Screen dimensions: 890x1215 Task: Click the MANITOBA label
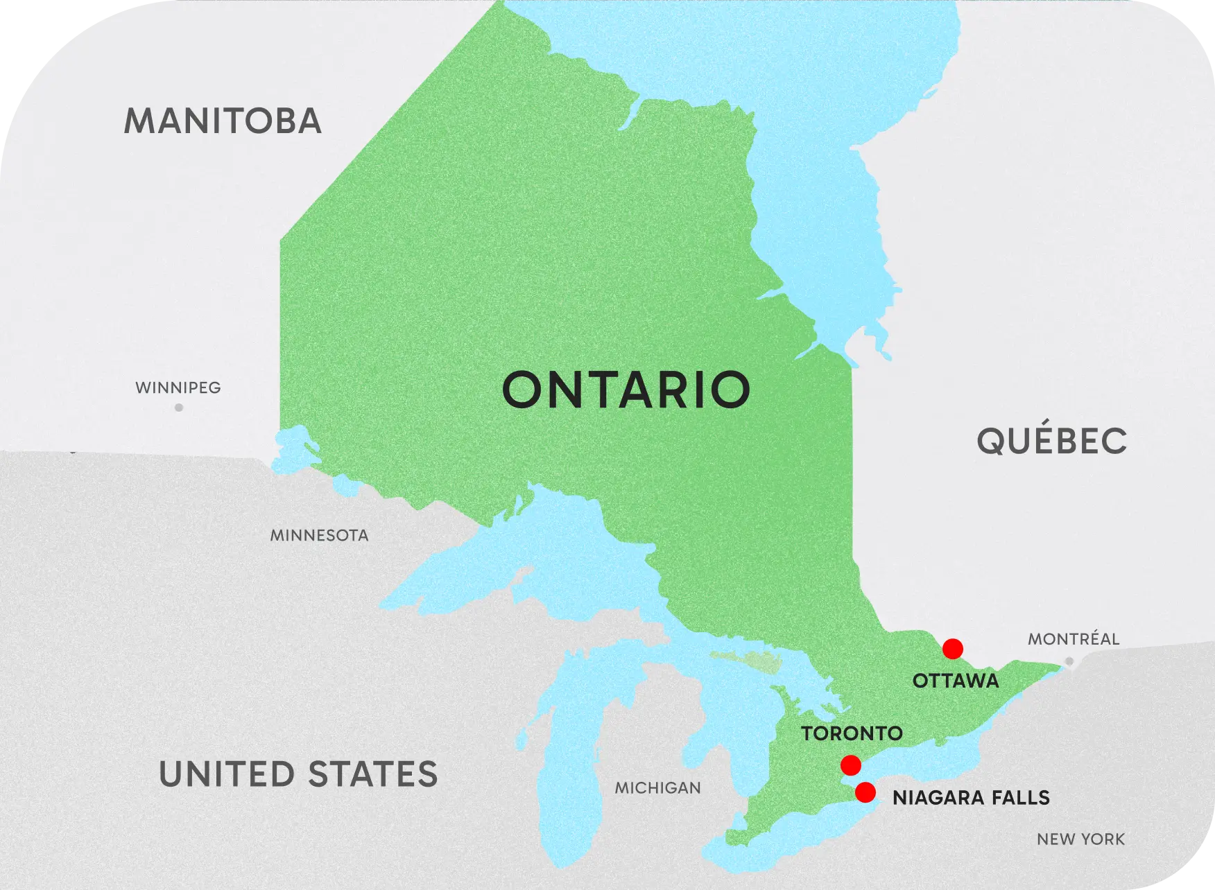tap(223, 121)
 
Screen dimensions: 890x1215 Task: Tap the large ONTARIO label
tap(626, 390)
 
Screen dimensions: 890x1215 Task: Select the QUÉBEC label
tap(1052, 441)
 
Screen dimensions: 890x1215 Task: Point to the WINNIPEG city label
tap(178, 387)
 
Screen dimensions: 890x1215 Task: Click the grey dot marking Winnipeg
tap(179, 408)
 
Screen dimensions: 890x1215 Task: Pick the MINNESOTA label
tap(319, 535)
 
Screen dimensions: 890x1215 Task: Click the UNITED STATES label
tap(298, 774)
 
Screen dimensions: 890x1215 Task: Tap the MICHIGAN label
tap(657, 787)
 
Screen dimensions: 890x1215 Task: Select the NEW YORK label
tap(1080, 839)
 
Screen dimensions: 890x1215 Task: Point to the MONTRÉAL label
tap(1073, 639)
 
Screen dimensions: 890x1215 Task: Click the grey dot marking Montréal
tap(1069, 662)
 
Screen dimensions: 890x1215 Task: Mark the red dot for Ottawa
tap(952, 649)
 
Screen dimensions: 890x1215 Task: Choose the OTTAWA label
tap(956, 681)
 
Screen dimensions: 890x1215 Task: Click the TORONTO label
tap(852, 733)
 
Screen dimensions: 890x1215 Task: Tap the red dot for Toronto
tap(850, 765)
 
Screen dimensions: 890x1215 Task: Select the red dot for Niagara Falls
tap(865, 792)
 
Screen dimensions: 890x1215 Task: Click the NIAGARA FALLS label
tap(971, 798)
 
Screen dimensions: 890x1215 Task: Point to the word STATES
tap(372, 774)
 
